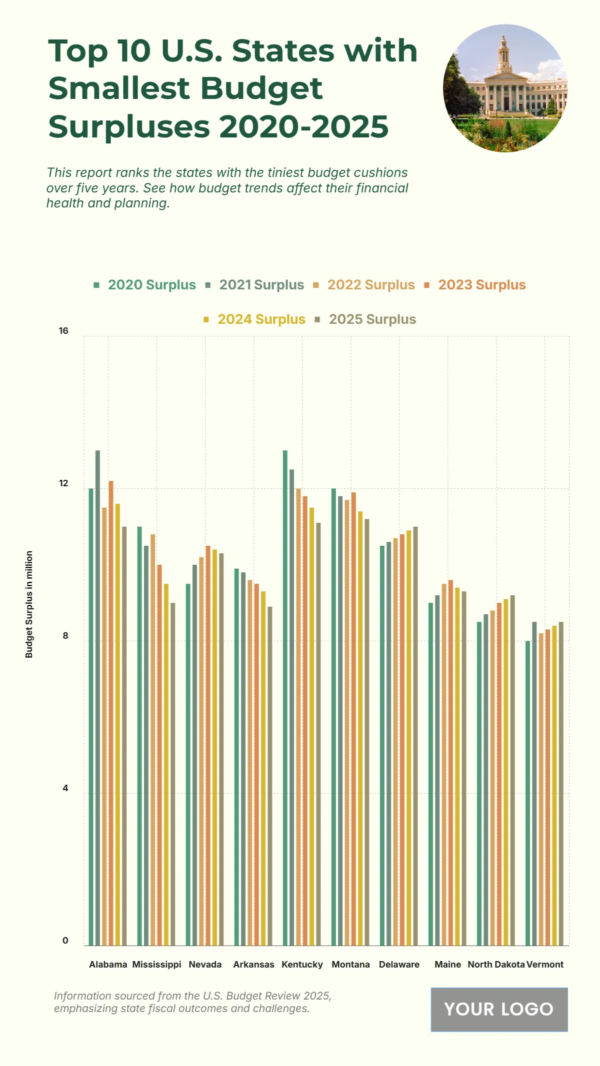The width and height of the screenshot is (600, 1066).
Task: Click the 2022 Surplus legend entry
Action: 370,285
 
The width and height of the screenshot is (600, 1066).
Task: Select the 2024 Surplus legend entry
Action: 261,319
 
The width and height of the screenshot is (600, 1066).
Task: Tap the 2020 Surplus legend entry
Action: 151,285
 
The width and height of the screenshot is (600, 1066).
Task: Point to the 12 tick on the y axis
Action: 63,483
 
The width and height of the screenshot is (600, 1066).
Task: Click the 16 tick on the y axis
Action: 63,331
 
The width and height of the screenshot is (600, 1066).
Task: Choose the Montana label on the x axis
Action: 350,965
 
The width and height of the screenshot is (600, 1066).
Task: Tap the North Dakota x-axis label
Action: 496,965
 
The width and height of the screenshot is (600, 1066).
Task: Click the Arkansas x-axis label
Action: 253,965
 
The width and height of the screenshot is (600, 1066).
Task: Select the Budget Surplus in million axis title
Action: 29,604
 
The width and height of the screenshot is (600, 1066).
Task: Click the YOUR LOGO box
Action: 499,1009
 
